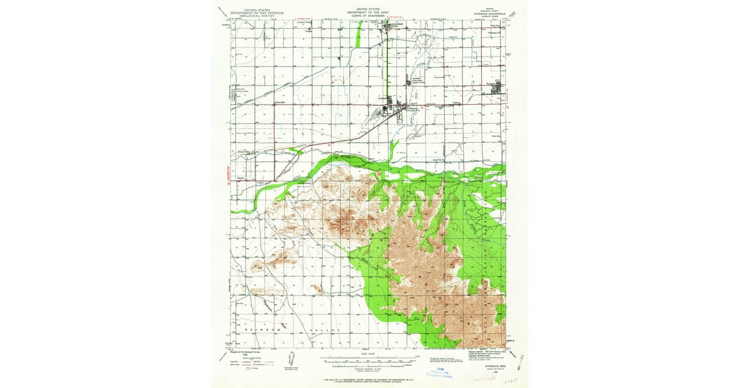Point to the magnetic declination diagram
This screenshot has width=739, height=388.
pyautogui.click(x=290, y=360)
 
